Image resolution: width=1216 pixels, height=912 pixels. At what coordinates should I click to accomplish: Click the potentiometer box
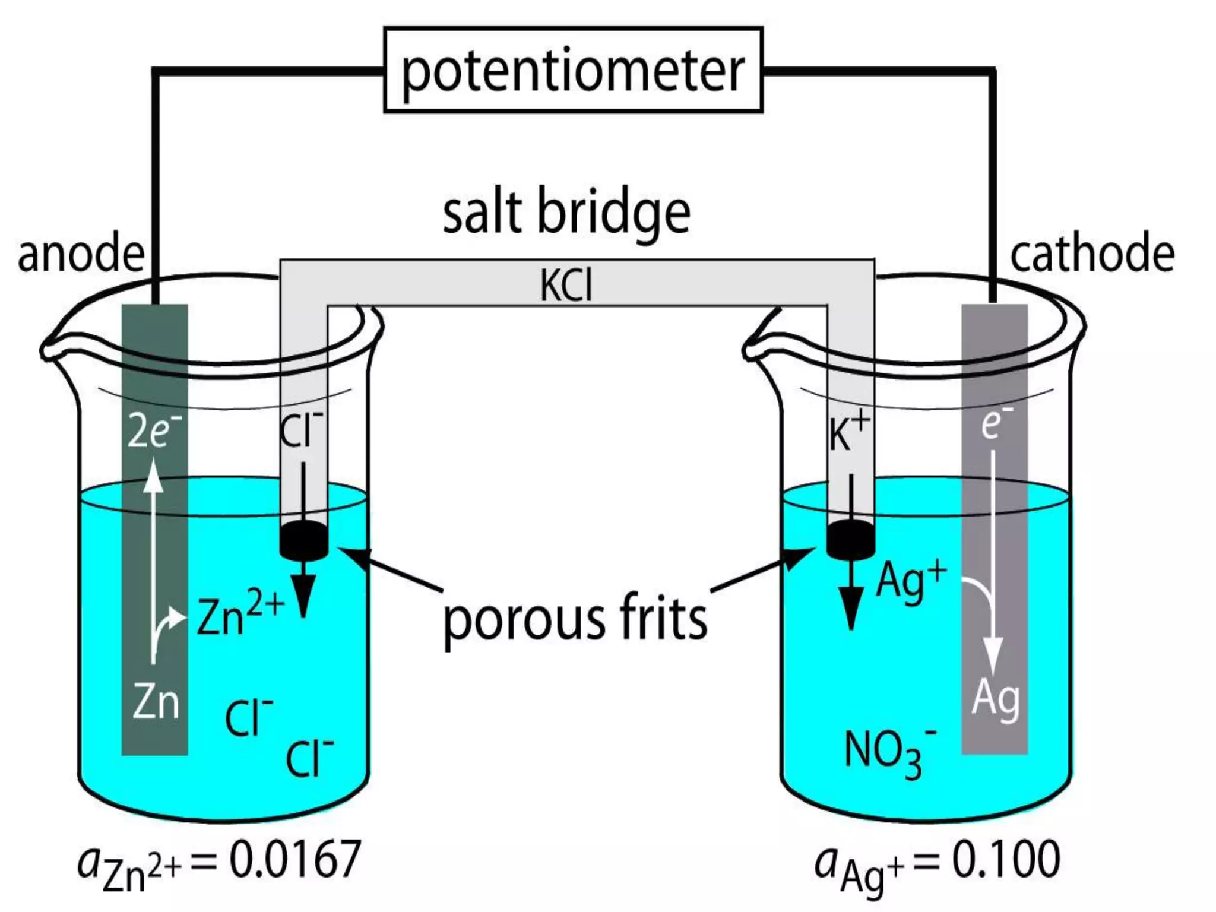573,70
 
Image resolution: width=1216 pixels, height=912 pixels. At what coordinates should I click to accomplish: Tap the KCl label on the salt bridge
566,286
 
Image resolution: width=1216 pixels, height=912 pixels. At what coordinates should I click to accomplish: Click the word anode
81,254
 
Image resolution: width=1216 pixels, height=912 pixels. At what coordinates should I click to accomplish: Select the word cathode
1092,254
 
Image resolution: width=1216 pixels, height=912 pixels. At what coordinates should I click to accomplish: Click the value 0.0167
295,859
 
